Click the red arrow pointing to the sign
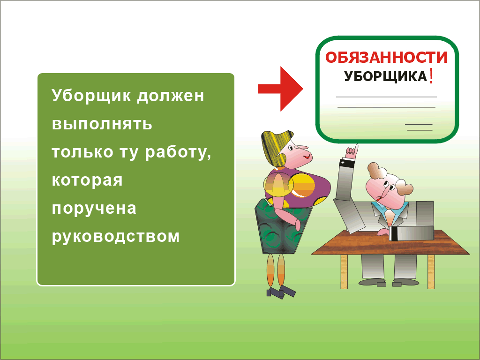[280, 89]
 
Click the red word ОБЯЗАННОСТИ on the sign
[386, 58]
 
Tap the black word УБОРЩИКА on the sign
[385, 76]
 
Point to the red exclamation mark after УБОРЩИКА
[431, 76]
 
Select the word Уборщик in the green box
[91, 96]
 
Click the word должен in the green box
[171, 96]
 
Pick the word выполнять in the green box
[102, 124]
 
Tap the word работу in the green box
[178, 152]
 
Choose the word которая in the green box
[87, 180]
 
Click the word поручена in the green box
[94, 209]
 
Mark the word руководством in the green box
[115, 237]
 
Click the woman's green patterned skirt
[282, 226]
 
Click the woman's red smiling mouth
[307, 157]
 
